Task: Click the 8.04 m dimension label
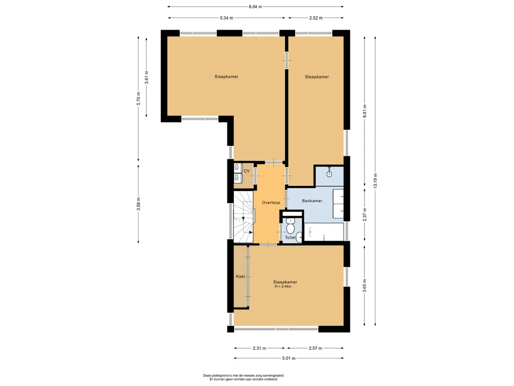[x=255, y=7]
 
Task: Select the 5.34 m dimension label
[x=226, y=18]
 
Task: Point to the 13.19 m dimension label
[x=375, y=180]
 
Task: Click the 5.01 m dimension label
[x=289, y=358]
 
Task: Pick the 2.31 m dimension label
[x=260, y=348]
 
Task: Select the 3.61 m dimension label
[x=147, y=77]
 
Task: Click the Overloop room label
[x=271, y=203]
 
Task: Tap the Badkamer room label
[x=312, y=201]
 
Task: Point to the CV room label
[x=246, y=171]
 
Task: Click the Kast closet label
[x=240, y=276]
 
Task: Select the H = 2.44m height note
[x=283, y=286]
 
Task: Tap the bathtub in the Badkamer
[x=324, y=232]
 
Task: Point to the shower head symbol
[x=329, y=173]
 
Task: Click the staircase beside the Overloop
[x=243, y=217]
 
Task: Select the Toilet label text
[x=290, y=237]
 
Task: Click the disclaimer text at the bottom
[x=243, y=377]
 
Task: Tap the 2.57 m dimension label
[x=315, y=348]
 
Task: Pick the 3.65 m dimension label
[x=365, y=285]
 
